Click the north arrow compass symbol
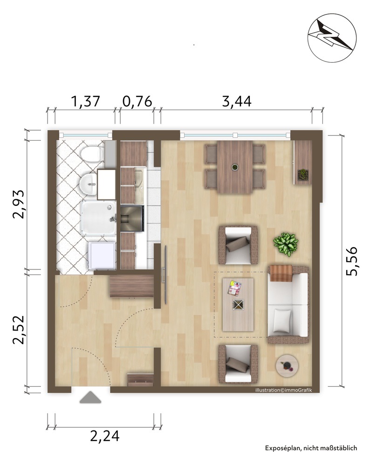(332, 38)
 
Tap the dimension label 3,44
(237, 101)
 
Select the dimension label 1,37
(86, 101)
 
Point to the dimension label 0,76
(137, 101)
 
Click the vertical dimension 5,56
(352, 261)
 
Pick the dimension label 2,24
(105, 436)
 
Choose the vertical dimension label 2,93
(18, 204)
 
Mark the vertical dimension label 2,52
(18, 330)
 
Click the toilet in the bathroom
(92, 154)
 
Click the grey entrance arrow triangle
(90, 397)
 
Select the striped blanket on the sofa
(281, 273)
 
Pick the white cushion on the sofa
(282, 320)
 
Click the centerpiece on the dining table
(235, 167)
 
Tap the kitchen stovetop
(132, 218)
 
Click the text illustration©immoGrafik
(284, 390)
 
